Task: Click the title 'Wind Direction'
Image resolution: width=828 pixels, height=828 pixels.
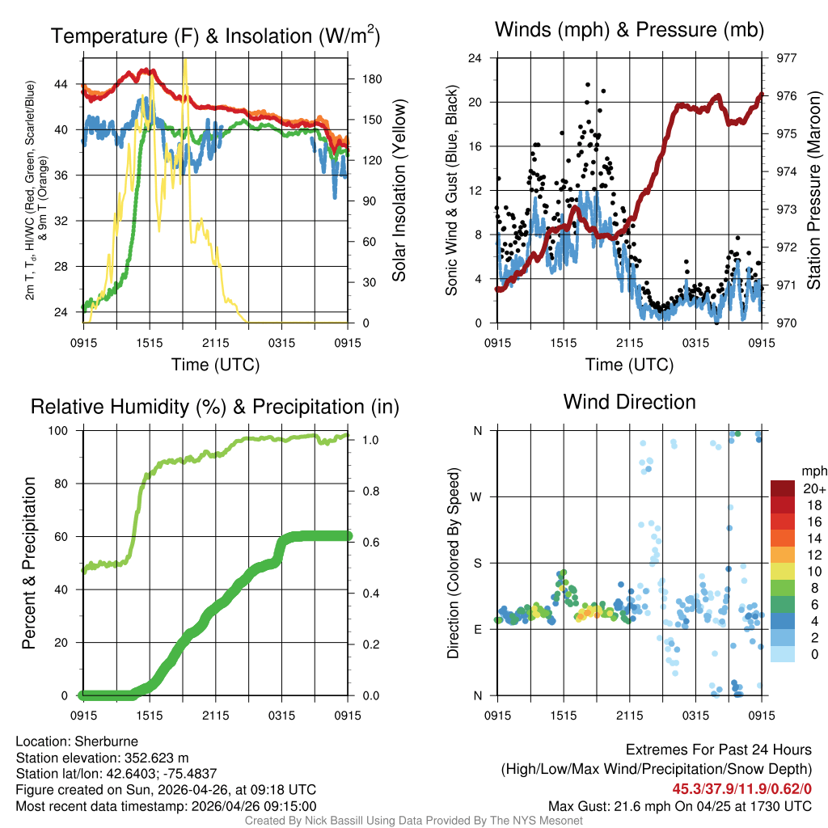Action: (629, 402)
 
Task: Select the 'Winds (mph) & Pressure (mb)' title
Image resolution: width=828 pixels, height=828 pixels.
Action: (629, 31)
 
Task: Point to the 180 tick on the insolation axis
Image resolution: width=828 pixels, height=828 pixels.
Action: (361, 79)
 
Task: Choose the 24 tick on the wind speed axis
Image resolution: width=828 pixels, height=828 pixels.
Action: (476, 58)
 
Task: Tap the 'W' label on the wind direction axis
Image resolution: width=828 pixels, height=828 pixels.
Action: (477, 496)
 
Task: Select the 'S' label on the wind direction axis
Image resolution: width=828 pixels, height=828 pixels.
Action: (478, 563)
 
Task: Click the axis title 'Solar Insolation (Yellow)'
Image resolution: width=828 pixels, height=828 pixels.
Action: (399, 191)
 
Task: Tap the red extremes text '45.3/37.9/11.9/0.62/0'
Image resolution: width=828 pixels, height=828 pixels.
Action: (742, 788)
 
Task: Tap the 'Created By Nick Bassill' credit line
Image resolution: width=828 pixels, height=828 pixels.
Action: (413, 821)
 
